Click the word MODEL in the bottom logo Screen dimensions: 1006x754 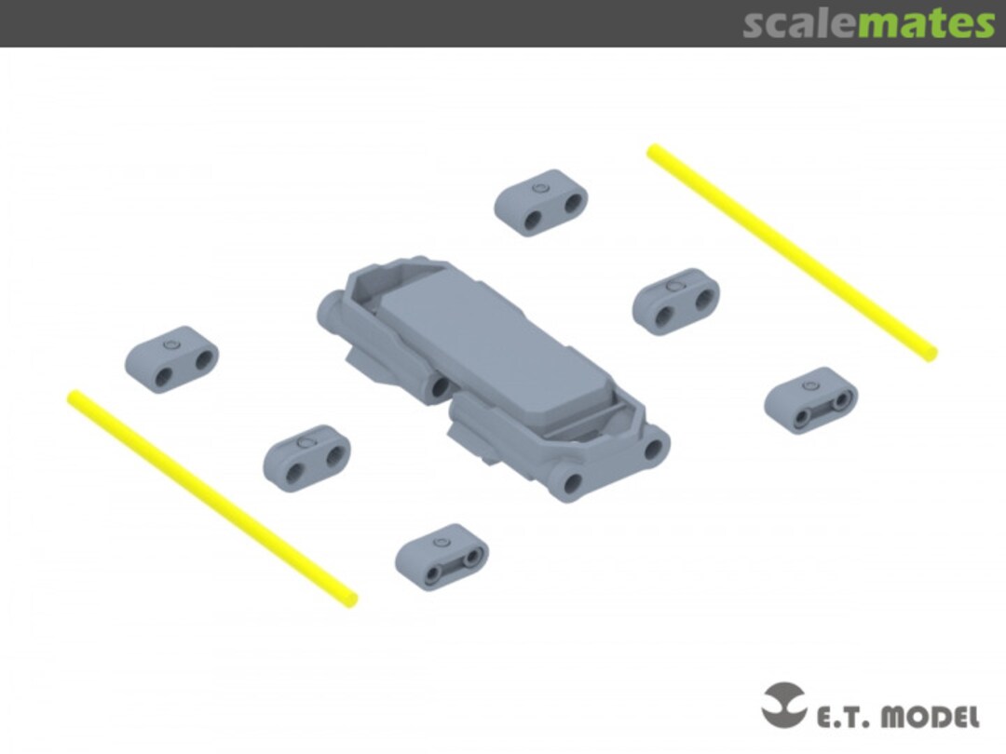tap(931, 716)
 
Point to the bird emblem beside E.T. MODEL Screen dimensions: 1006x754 tap(783, 705)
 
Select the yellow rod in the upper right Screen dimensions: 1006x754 tap(792, 252)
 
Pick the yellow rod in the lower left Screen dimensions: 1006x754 tap(212, 498)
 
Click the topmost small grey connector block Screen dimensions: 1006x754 tap(541, 203)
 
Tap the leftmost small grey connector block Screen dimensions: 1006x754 tap(171, 359)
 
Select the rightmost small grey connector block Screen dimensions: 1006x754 tap(810, 400)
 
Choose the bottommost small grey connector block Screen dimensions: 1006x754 tap(442, 557)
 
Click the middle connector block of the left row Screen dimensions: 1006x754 tap(306, 458)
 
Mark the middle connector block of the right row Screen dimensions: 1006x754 tap(675, 302)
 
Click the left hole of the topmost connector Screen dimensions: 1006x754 tap(533, 221)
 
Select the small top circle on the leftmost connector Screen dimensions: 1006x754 tap(170, 345)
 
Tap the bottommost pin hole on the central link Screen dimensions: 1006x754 tap(572, 483)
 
